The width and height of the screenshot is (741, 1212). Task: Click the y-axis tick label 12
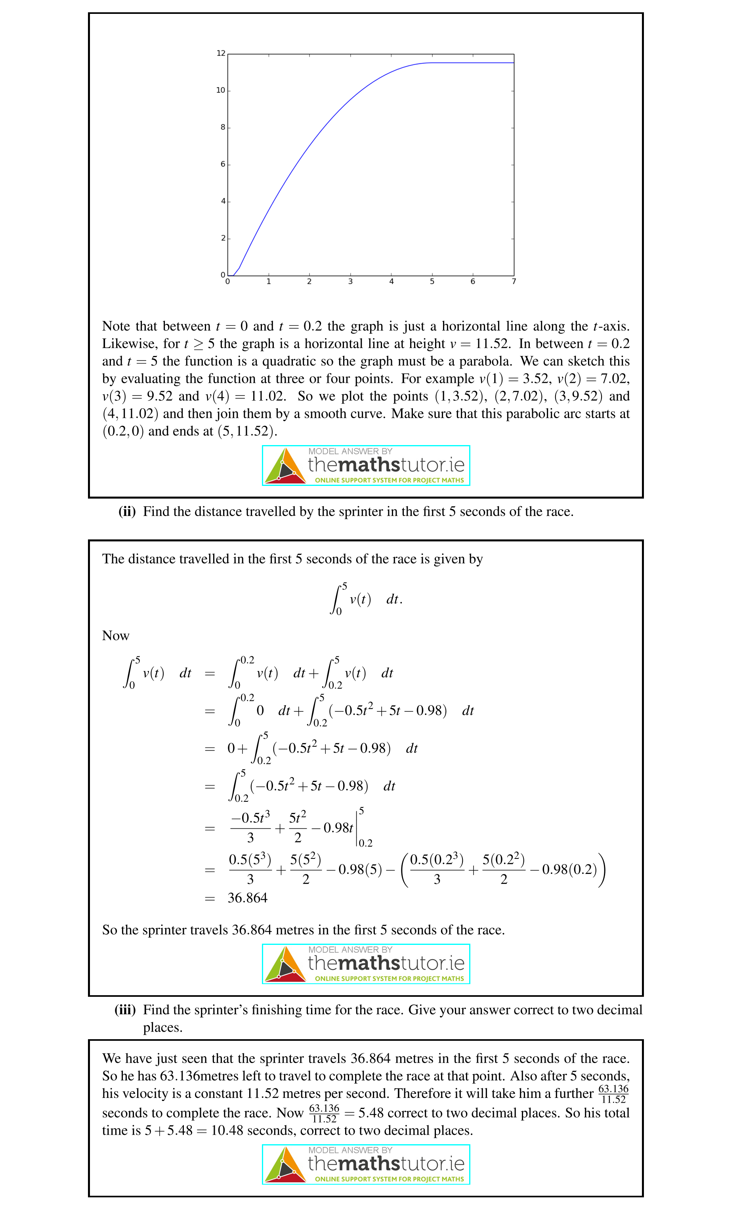tap(221, 53)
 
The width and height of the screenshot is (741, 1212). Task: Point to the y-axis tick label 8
tap(223, 127)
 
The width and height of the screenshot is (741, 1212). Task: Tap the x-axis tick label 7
tap(514, 282)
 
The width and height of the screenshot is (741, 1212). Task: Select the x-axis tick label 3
tap(350, 282)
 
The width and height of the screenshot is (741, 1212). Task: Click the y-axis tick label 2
tap(223, 238)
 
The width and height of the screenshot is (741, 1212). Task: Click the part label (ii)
tap(127, 512)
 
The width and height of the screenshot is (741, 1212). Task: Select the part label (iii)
tap(125, 1010)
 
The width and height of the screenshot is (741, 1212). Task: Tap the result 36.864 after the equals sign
tap(247, 898)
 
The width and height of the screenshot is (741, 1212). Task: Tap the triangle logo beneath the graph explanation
tap(285, 466)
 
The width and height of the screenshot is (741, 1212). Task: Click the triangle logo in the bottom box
tap(285, 1164)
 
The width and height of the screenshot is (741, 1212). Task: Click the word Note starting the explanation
tap(116, 327)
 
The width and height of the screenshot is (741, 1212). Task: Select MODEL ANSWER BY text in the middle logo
tap(350, 950)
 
